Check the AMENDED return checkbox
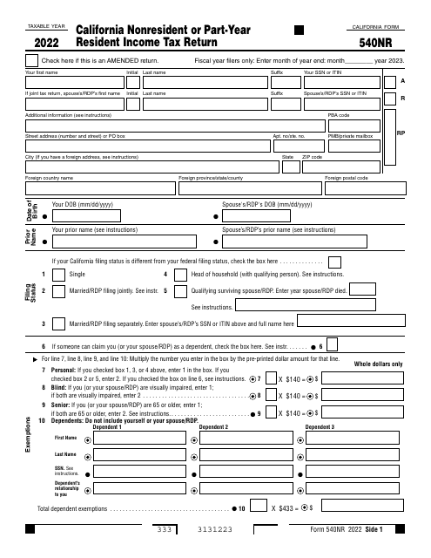pos(32,60)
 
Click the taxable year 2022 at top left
pos(46,40)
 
